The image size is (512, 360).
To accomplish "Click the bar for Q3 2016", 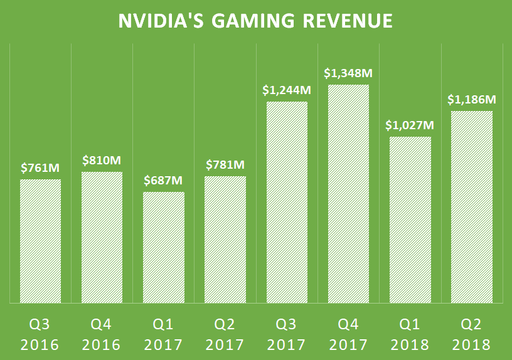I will click(40, 241).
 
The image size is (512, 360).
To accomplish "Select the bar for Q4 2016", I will click(102, 237).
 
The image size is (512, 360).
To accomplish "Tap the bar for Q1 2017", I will click(164, 247).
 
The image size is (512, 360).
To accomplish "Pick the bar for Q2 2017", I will click(225, 240).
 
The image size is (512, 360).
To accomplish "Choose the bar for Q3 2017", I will click(287, 202).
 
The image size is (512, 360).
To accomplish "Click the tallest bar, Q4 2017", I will click(348, 194).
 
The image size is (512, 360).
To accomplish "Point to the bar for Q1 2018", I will click(410, 220).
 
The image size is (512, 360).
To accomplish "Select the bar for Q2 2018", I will click(471, 207).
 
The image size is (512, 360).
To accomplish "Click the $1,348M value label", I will click(348, 73).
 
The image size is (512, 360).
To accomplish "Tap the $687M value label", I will click(164, 181).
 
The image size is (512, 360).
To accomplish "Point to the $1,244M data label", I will click(287, 90).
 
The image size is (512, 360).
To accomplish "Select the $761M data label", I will click(40, 168).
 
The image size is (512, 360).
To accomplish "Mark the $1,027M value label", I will click(410, 125).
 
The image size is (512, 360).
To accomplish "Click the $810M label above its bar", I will click(102, 161).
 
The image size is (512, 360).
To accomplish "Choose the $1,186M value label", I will click(471, 100).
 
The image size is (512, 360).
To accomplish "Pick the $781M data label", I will click(225, 166).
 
